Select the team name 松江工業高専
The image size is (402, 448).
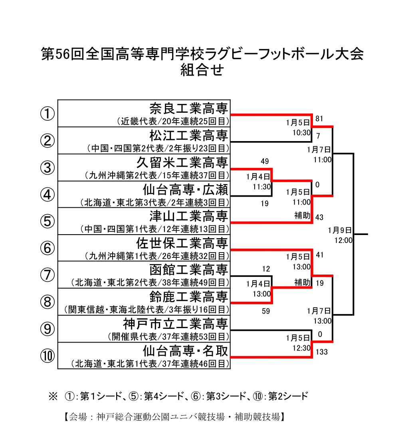pos(188,135)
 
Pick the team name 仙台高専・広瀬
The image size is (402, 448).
pos(185,189)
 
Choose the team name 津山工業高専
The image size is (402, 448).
pos(188,216)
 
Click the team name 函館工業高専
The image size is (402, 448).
pos(188,269)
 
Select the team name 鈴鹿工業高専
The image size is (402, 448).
pos(188,297)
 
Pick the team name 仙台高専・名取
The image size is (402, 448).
pos(185,350)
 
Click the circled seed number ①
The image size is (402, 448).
pos(48,114)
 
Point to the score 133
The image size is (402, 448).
pos(321,352)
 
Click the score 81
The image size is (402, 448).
pos(319,119)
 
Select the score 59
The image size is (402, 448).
pos(266,311)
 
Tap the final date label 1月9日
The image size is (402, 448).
pos(340,230)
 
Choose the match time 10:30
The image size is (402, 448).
pos(301,132)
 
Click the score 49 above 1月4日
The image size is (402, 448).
pos(265,161)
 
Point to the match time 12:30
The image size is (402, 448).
pos(301,348)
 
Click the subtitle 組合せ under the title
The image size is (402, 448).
pos(202,70)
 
